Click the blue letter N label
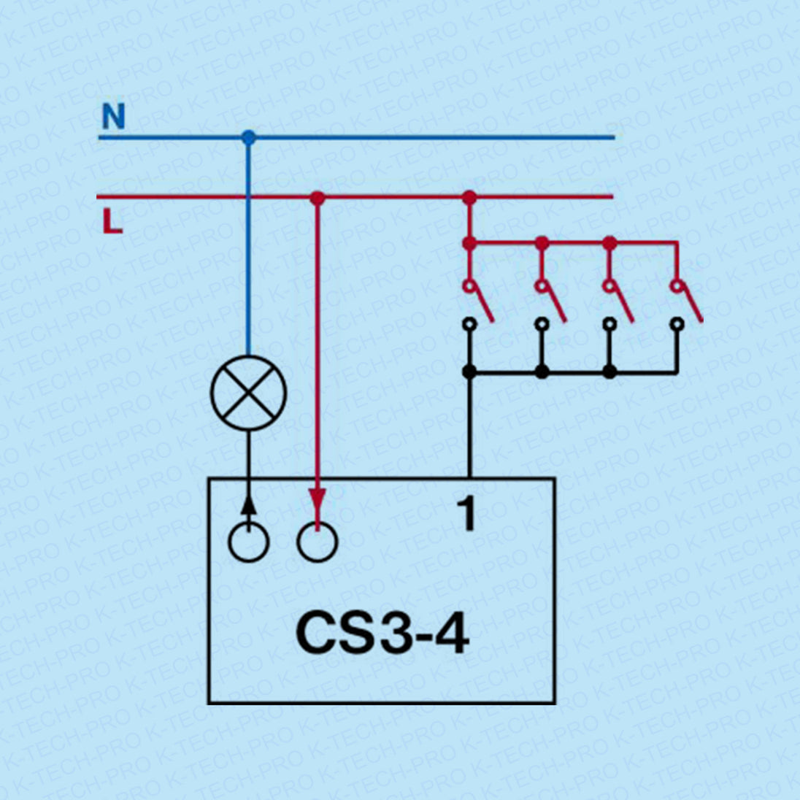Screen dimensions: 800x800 pos(113,117)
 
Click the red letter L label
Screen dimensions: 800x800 pos(112,221)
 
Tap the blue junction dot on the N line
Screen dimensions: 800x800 pos(249,137)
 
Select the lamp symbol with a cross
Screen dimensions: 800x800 pos(249,393)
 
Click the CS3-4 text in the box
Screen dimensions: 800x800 pos(382,632)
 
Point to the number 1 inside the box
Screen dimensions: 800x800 pos(466,513)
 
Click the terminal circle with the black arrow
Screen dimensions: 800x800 pos(249,542)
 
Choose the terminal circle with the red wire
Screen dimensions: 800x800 pos(318,542)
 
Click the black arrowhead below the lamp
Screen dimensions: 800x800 pos(249,504)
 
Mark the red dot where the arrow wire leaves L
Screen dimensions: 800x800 pos(317,197)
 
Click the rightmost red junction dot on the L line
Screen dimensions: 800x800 pos(469,197)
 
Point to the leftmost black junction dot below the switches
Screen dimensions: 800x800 pos(469,372)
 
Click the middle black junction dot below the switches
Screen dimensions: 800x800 pos(542,372)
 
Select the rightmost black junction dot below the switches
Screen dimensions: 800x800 pos(609,372)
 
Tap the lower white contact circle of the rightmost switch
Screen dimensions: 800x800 pos(677,323)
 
